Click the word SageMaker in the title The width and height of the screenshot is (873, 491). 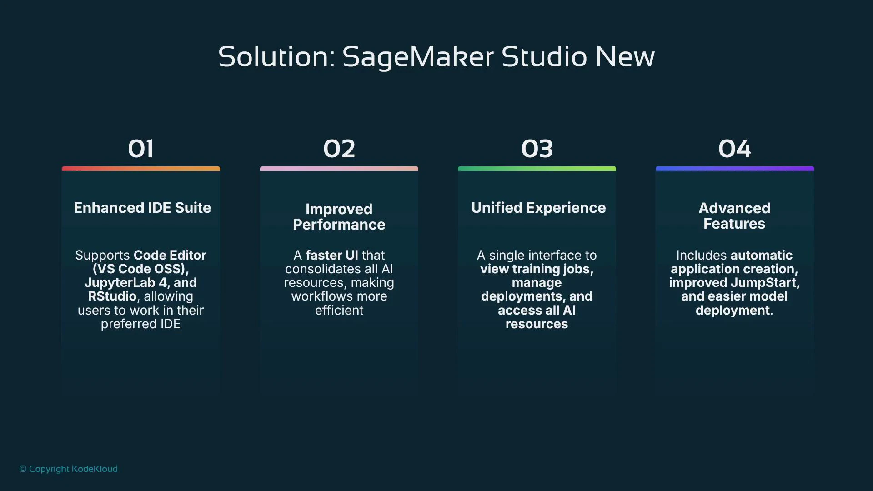pos(417,57)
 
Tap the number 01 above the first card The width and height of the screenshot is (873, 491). pos(140,149)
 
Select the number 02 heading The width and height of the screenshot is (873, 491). pos(339,149)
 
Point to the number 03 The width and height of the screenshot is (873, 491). pos(537,149)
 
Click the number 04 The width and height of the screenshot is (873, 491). pos(734,149)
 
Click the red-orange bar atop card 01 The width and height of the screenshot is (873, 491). pos(141,169)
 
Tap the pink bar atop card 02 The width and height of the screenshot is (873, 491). pos(339,169)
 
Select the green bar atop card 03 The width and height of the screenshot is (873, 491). pos(537,169)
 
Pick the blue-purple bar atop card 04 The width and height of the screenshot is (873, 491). pos(734,169)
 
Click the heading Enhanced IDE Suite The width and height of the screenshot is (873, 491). pos(142,208)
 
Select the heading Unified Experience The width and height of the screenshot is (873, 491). pos(538,208)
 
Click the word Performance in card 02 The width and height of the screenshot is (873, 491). pos(339,225)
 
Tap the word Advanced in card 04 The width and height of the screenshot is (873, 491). pos(734,208)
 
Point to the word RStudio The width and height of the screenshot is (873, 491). pos(112,296)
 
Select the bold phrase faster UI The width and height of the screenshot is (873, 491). pos(331,255)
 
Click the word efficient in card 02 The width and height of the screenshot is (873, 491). pos(339,311)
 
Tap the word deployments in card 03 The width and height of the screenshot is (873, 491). pos(523,296)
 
